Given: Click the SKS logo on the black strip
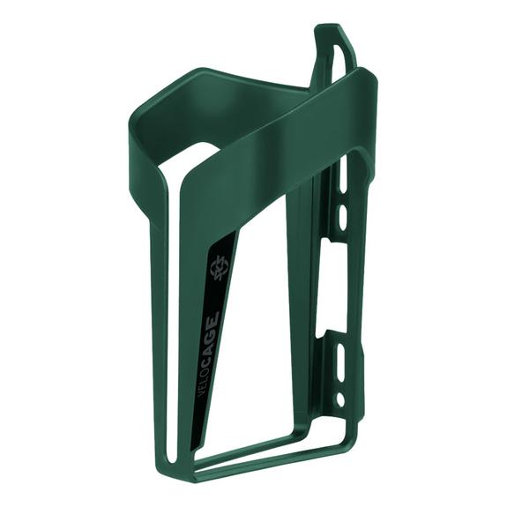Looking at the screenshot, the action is pos(216,267).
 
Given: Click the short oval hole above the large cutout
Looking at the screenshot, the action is pos(342,213).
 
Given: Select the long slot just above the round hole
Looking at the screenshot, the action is pos(340,362).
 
